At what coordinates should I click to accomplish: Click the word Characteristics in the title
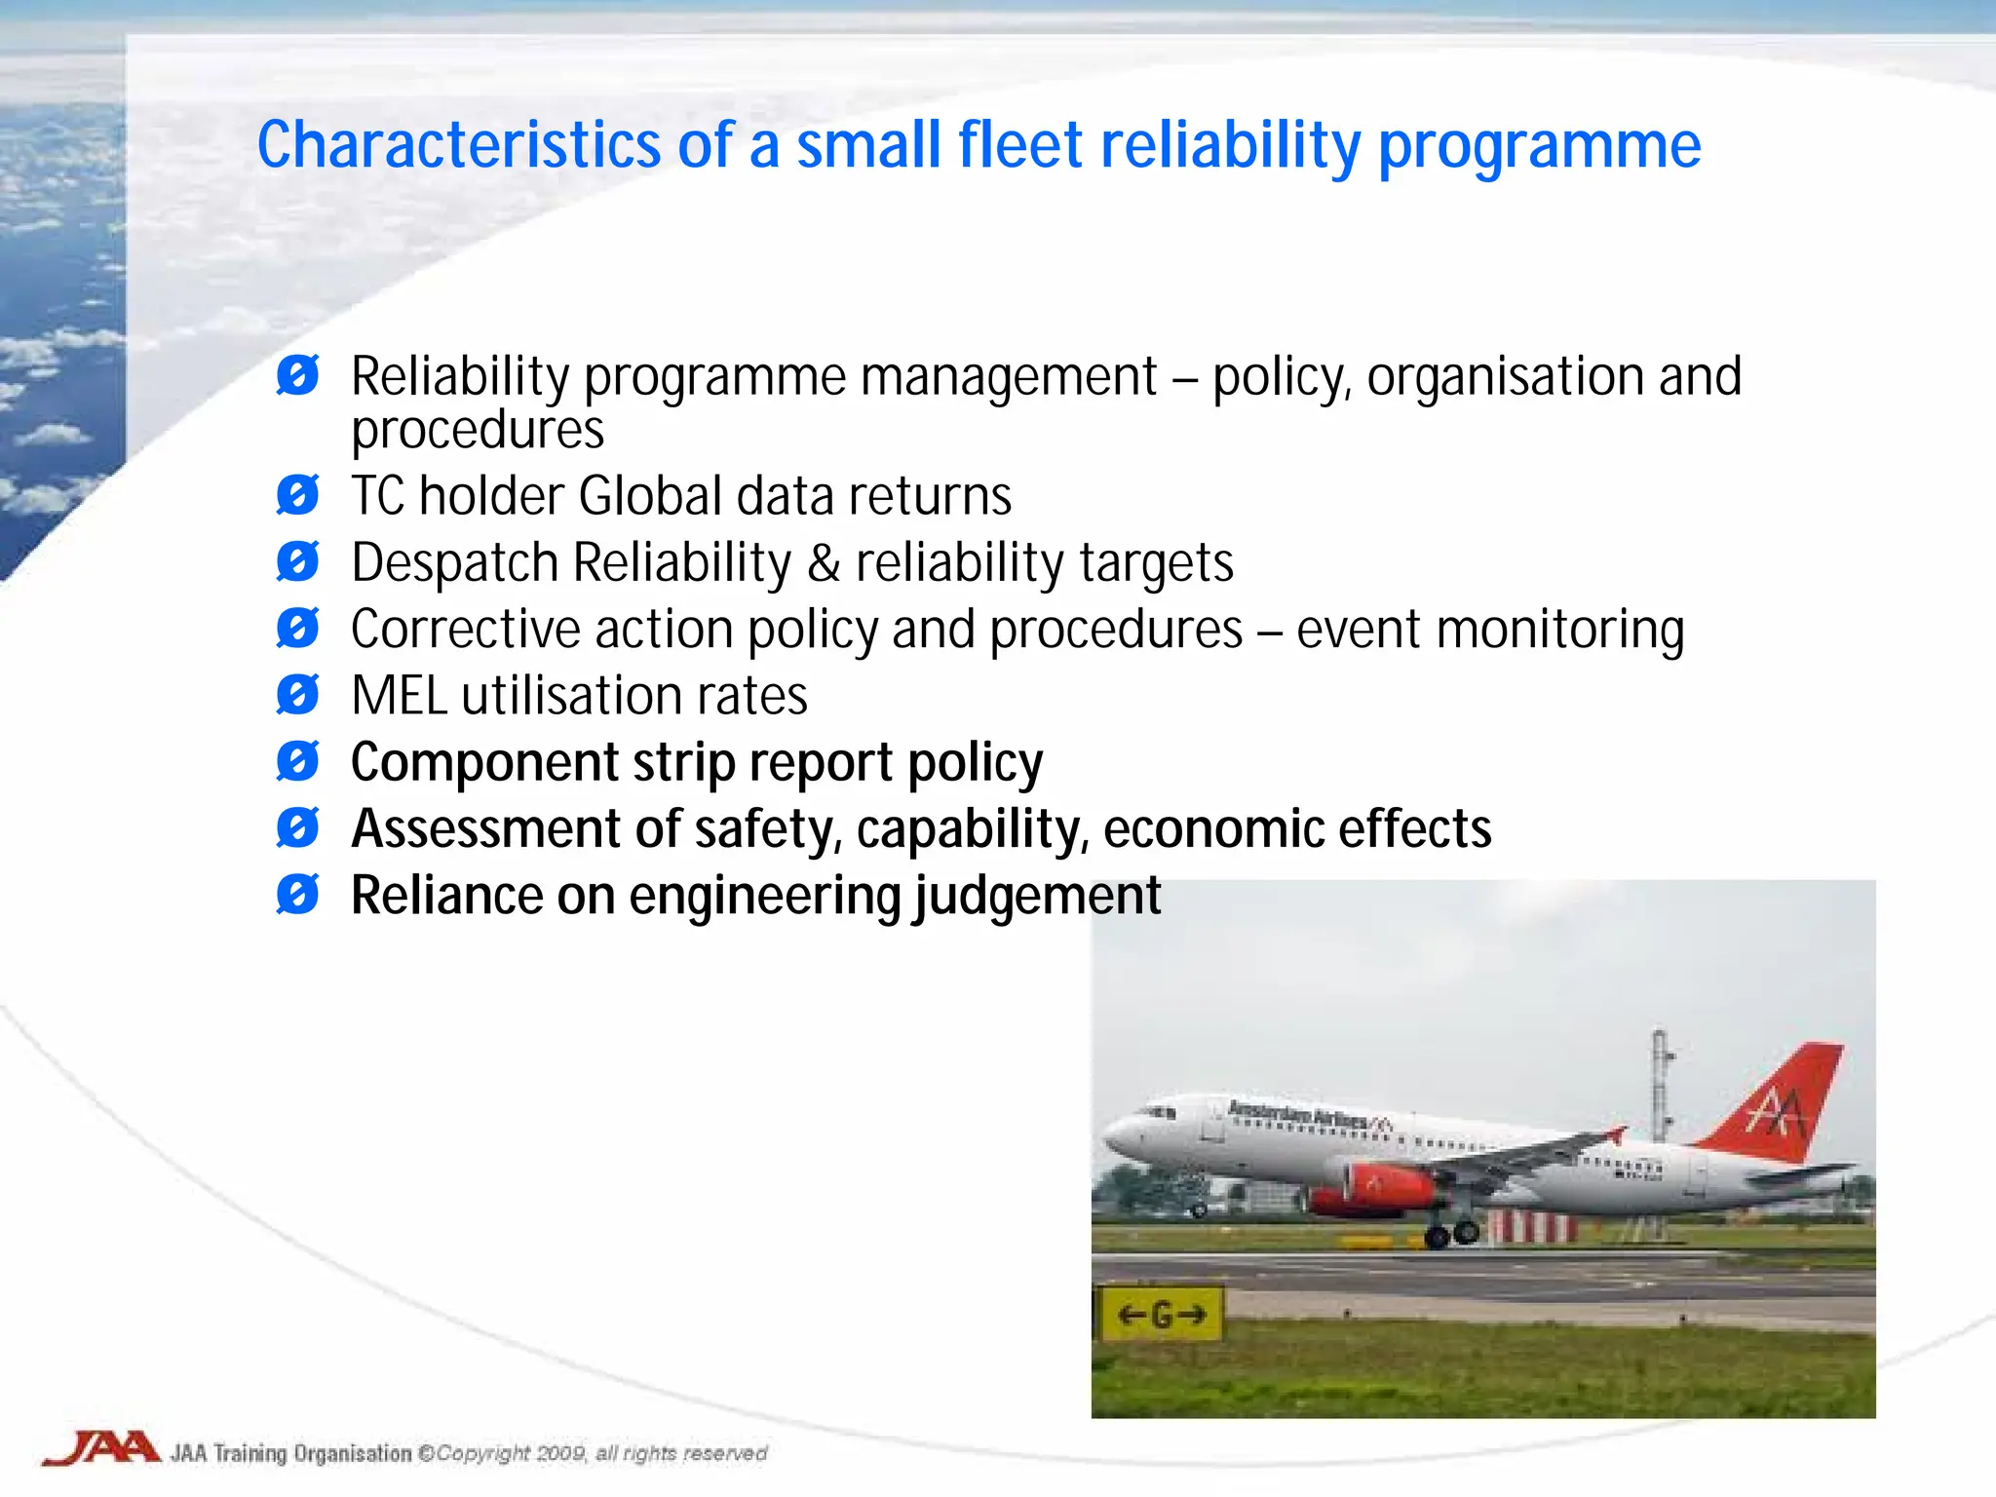point(458,146)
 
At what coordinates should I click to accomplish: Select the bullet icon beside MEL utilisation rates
point(297,695)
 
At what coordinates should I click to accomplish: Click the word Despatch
point(454,563)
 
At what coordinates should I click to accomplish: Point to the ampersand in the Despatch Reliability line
point(824,563)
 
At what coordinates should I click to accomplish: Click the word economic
point(1212,829)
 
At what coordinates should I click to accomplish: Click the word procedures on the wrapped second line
point(477,431)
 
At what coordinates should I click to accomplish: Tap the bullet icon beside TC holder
point(297,495)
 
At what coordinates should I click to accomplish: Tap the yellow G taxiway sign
point(1161,1315)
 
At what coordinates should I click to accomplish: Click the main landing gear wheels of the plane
point(1452,1235)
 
